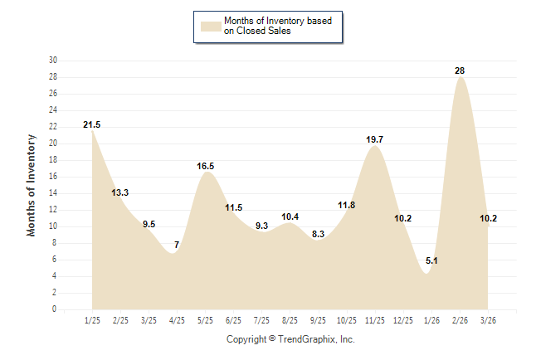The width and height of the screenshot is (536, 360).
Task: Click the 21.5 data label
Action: pos(92,124)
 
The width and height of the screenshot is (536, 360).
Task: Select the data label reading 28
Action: pos(460,71)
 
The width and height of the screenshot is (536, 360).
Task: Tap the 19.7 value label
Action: pos(374,140)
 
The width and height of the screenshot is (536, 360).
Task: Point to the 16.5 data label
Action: pos(205,166)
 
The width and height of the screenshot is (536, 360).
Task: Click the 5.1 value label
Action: pos(431,261)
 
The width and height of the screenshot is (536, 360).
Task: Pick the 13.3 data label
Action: pos(120,192)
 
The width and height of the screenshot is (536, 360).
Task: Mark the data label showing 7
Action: pos(177,245)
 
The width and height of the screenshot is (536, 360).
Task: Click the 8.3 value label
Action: pos(318,235)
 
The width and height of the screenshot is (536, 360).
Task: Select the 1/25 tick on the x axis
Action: pos(92,320)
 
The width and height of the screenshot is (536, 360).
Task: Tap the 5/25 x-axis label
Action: pos(205,320)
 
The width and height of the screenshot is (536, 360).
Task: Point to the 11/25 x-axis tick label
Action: pos(374,320)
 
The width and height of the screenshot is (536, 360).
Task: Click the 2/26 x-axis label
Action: pos(459,320)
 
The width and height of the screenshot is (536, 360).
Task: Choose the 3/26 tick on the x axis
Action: pos(487,320)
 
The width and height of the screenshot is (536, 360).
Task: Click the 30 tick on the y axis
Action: pos(53,61)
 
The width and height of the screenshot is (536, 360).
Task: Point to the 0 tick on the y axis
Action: pos(55,309)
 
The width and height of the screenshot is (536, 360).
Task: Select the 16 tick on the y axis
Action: pos(53,177)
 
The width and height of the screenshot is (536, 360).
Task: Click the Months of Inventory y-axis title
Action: pos(32,185)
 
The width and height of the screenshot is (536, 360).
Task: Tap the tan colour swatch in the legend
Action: pos(209,26)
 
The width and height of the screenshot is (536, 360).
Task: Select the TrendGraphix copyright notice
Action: pos(290,339)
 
